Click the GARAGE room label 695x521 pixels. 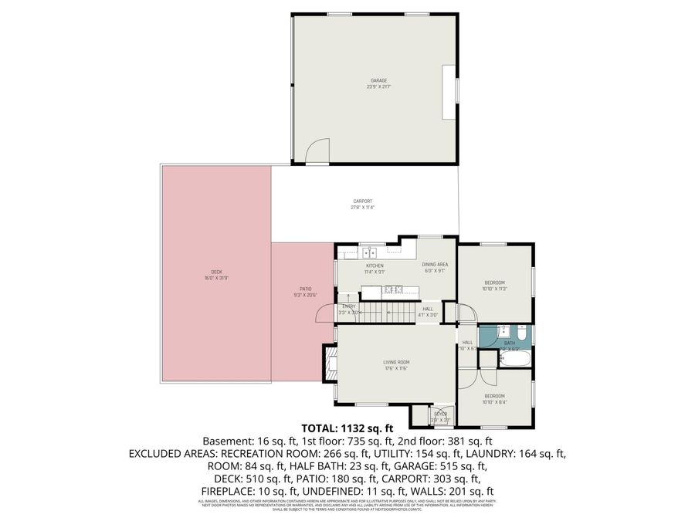[x=378, y=80]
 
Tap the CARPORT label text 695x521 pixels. [x=362, y=201]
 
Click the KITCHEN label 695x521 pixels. [x=375, y=266]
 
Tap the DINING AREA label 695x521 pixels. [x=435, y=265]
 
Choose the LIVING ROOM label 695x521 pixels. [x=396, y=362]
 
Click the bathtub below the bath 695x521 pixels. [x=512, y=359]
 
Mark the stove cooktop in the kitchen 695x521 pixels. [x=392, y=290]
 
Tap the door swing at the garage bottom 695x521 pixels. [x=317, y=154]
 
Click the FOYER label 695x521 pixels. [x=440, y=414]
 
